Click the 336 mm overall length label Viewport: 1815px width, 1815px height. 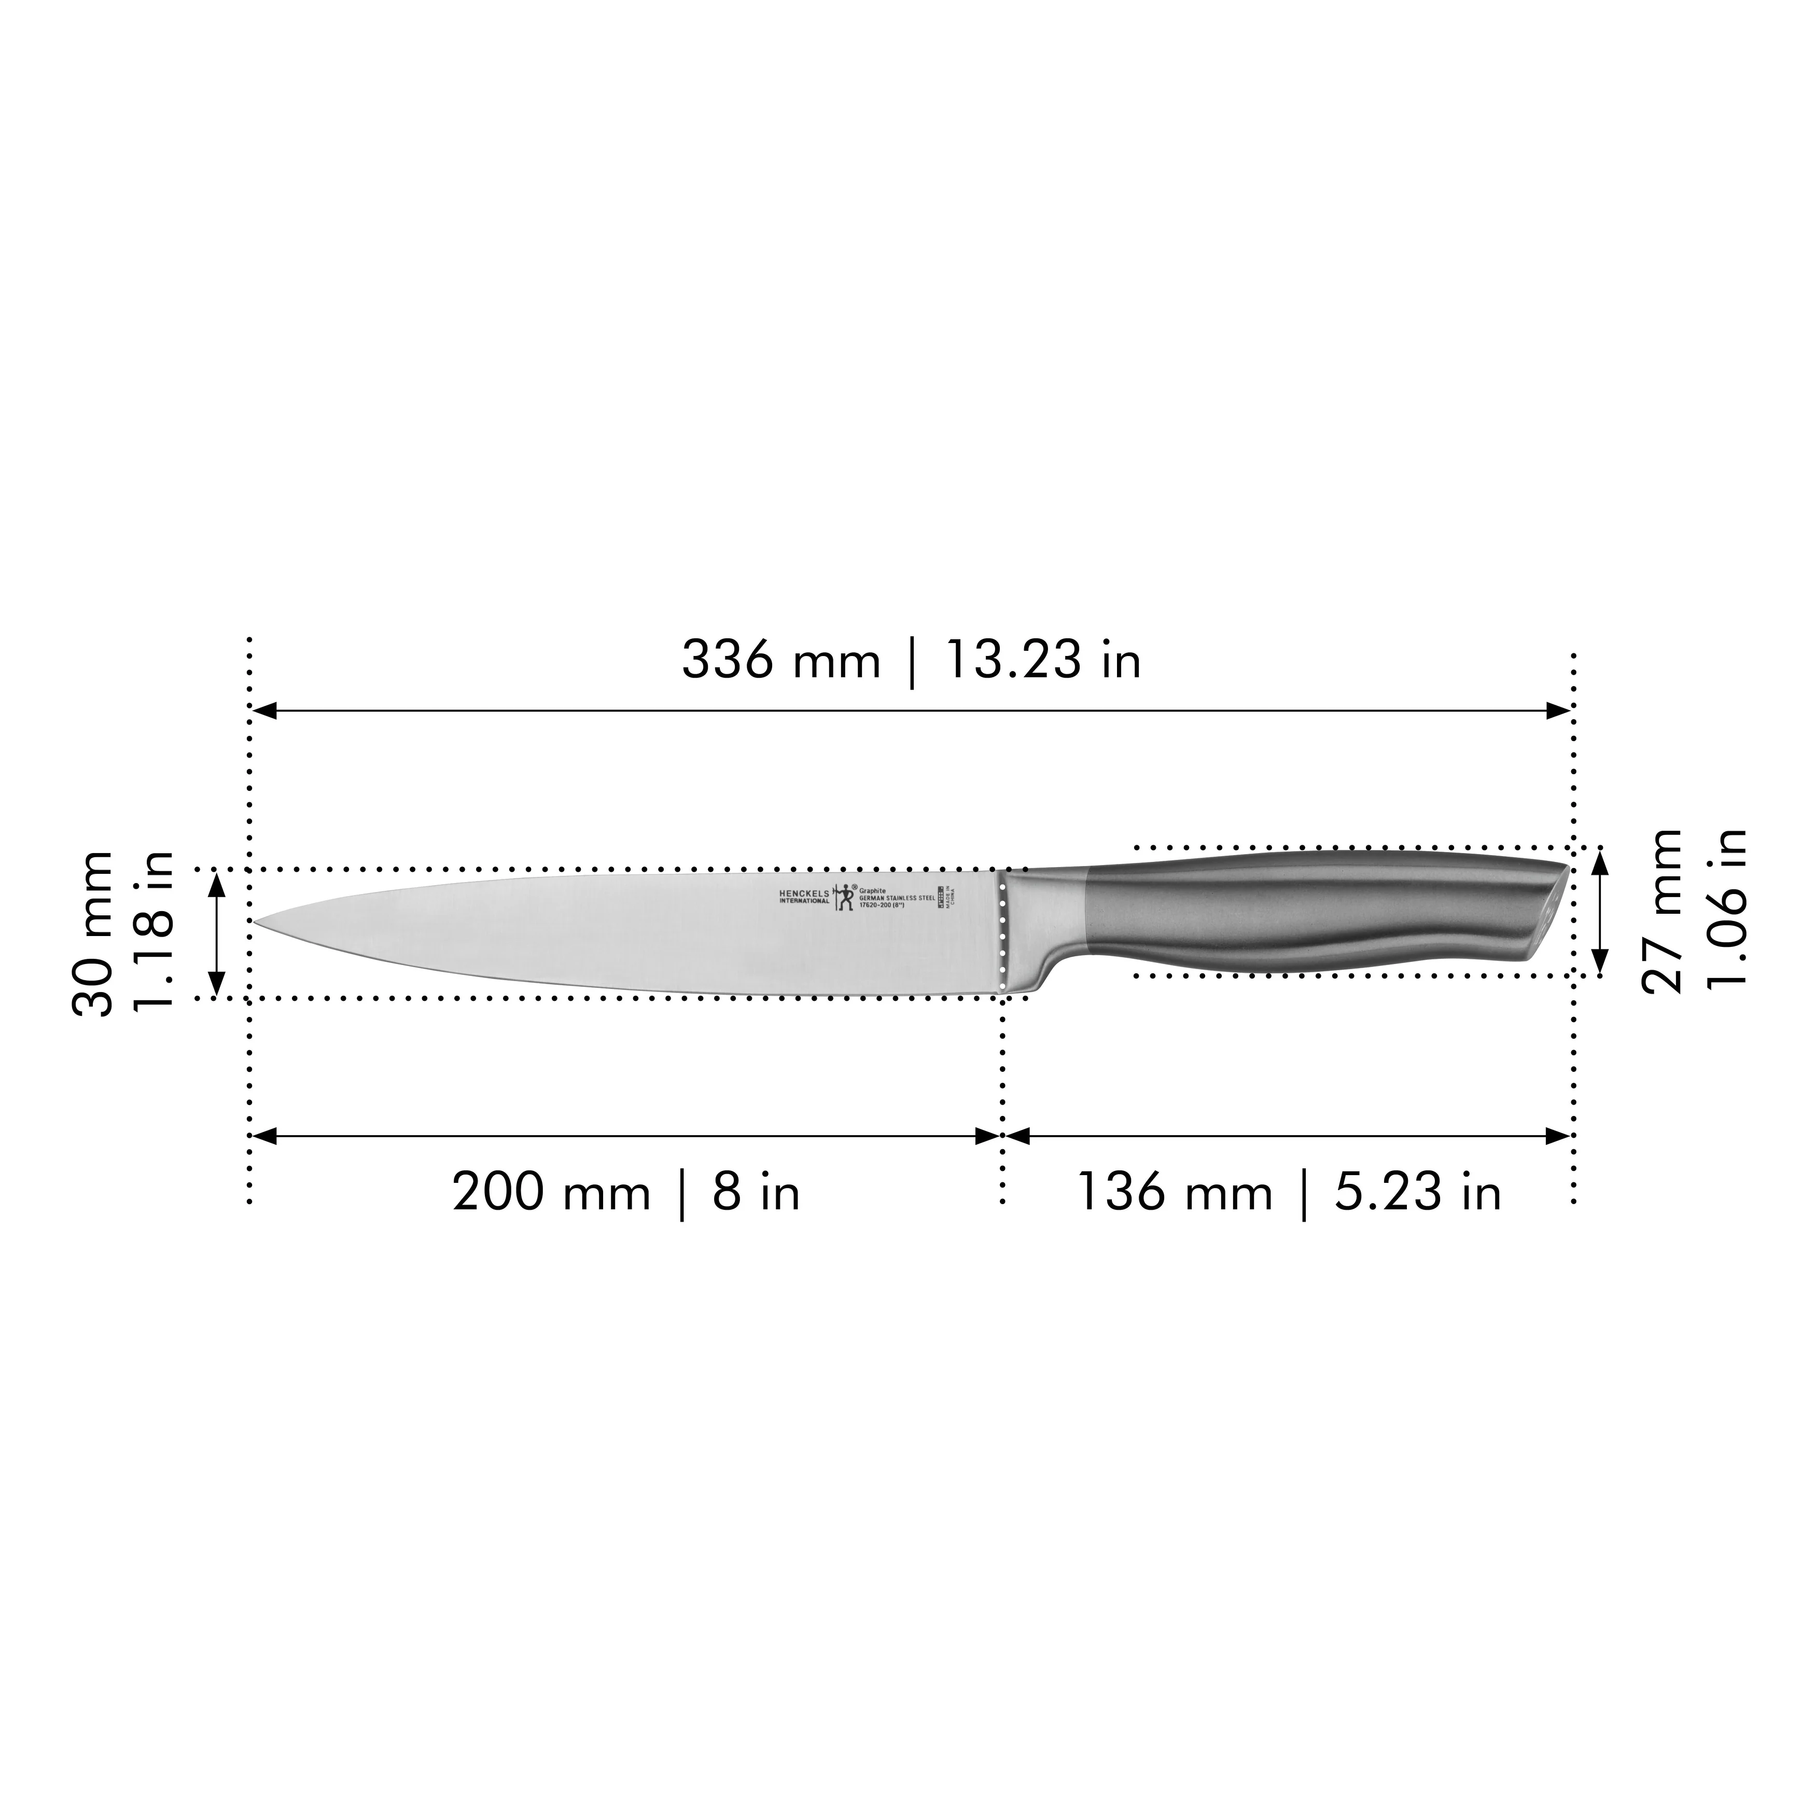[x=780, y=661]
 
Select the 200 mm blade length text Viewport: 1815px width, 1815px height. [x=551, y=1193]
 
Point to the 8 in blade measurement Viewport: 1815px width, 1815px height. [x=756, y=1193]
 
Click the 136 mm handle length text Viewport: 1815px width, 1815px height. [x=1174, y=1193]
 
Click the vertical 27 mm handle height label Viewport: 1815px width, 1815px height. [x=1663, y=911]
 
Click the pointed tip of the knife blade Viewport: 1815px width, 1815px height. [x=257, y=922]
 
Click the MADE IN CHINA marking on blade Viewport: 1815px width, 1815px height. [x=955, y=895]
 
